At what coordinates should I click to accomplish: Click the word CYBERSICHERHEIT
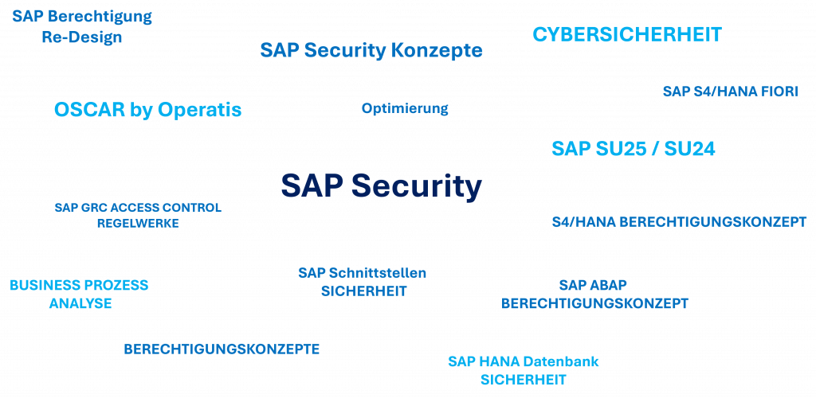[x=627, y=35]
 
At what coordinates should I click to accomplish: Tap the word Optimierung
[x=405, y=108]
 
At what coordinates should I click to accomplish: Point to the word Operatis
[x=199, y=110]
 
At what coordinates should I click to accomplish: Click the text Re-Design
[x=82, y=37]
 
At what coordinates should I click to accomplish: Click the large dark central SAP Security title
[x=382, y=185]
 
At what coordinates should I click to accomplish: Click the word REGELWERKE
[x=137, y=224]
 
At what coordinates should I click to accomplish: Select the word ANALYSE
[x=80, y=303]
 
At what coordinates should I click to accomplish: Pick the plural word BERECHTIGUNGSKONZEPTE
[x=222, y=349]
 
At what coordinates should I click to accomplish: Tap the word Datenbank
[x=561, y=361]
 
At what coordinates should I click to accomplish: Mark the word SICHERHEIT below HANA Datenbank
[x=523, y=380]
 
